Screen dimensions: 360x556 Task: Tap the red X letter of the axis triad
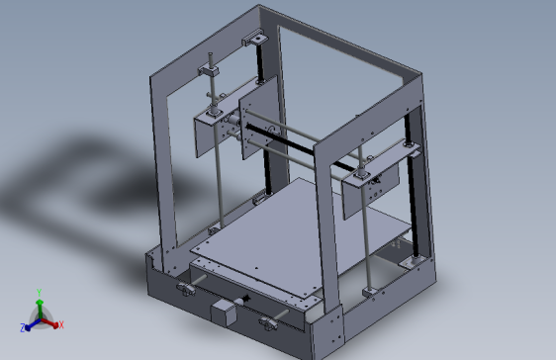point(60,324)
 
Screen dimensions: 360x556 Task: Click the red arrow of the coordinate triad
point(51,321)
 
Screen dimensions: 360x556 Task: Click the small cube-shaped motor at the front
point(224,312)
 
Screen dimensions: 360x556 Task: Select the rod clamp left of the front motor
point(186,289)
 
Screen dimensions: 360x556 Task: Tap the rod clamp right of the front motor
point(268,320)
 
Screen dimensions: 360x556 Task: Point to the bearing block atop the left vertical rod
point(212,71)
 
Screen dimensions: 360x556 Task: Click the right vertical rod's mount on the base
point(370,291)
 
